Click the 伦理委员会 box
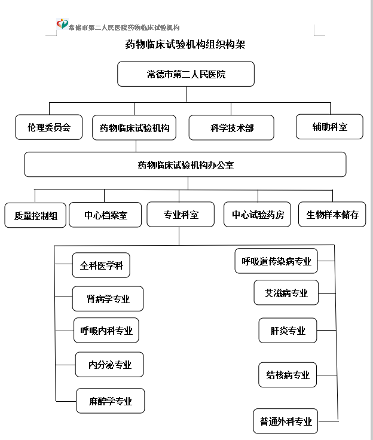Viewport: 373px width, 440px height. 49,127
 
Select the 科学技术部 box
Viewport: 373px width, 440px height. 231,128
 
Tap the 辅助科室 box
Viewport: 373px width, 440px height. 329,127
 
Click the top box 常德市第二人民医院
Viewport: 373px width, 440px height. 186,74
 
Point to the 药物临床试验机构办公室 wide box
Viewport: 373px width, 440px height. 185,164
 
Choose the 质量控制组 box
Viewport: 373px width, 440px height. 35,215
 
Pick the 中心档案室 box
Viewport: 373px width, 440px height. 105,215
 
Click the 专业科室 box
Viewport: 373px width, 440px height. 181,215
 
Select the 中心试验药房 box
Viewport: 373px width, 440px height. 257,215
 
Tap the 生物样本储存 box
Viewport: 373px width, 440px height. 332,215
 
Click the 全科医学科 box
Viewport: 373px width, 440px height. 101,265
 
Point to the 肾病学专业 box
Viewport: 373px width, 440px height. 108,298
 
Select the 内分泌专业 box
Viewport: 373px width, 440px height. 109,365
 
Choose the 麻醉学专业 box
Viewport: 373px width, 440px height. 111,401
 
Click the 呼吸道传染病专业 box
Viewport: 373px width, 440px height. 276,261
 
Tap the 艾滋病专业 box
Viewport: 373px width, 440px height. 286,292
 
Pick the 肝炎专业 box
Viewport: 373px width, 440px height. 288,331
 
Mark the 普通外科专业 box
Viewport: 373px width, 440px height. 286,421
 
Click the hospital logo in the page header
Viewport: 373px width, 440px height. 62,24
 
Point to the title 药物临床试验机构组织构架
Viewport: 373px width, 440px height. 185,44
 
